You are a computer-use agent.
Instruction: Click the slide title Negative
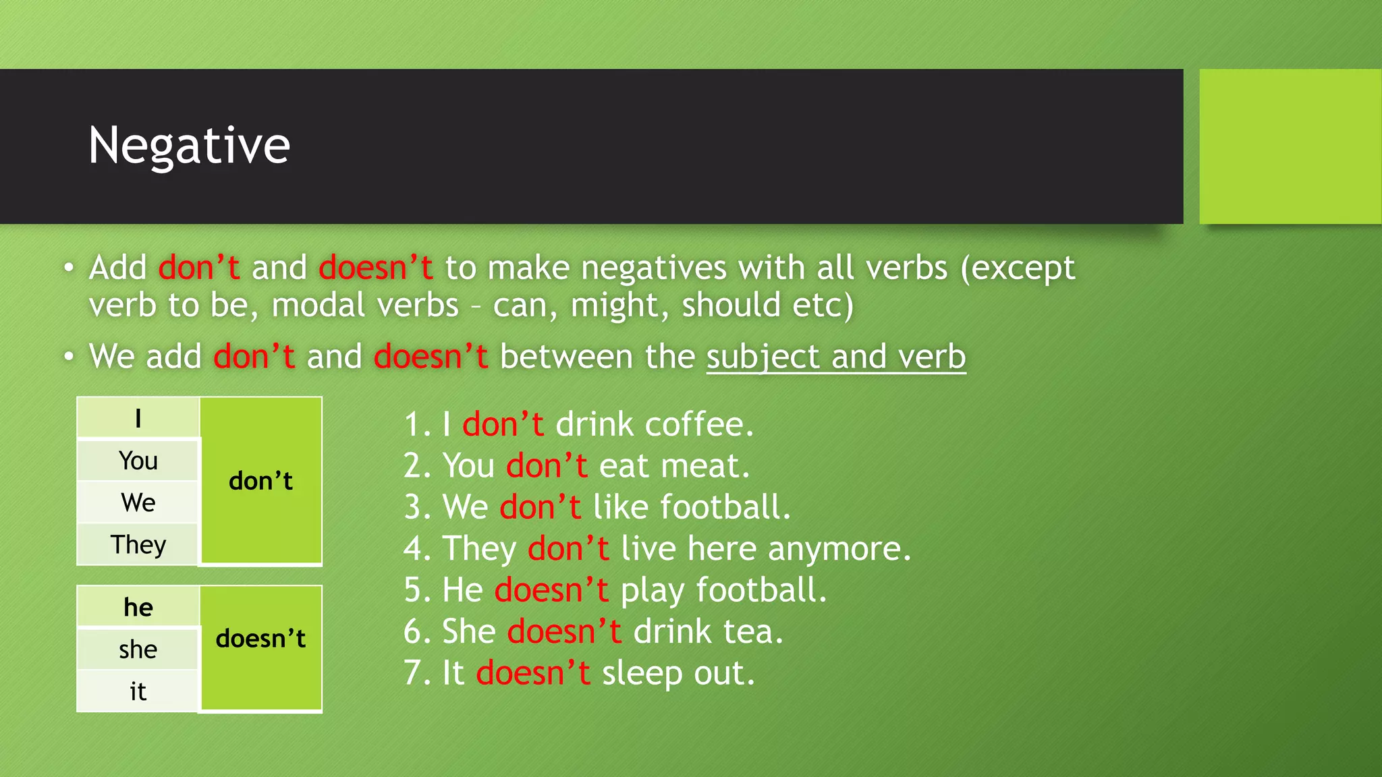tap(189, 146)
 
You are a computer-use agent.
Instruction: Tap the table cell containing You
tap(138, 461)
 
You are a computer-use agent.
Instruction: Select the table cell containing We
tap(138, 502)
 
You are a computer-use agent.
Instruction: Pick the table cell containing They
tap(138, 544)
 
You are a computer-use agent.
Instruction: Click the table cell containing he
tap(138, 607)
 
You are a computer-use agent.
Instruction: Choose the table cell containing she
tap(138, 649)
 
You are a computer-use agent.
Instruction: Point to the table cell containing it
tap(138, 691)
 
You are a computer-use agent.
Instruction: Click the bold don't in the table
tap(260, 481)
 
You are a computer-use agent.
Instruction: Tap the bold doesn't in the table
tap(260, 638)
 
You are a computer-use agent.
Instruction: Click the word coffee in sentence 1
tap(698, 424)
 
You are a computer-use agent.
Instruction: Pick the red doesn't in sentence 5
tap(551, 590)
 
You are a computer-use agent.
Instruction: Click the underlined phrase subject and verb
tap(836, 356)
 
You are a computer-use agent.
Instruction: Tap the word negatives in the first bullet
tap(653, 268)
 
